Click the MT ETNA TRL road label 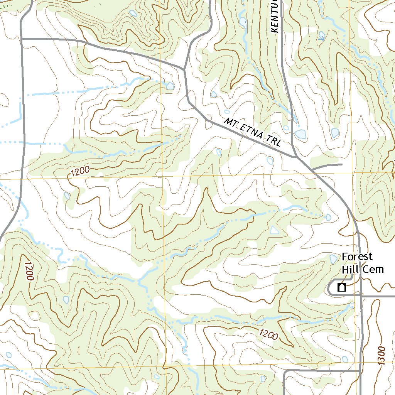pos(253,133)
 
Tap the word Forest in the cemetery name pos(357,257)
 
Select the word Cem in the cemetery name pos(373,268)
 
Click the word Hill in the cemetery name pos(351,268)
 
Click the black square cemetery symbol pos(341,287)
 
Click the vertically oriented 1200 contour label pos(29,271)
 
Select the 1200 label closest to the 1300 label pos(268,334)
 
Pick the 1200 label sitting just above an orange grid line pos(80,171)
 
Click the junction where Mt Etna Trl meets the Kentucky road pos(295,157)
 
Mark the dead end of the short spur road pos(342,165)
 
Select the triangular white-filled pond pos(274,230)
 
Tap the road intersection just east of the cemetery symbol pos(361,296)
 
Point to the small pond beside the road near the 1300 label pos(345,359)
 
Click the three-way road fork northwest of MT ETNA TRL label pos(185,70)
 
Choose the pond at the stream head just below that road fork pos(170,85)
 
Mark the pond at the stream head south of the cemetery pos(351,306)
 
